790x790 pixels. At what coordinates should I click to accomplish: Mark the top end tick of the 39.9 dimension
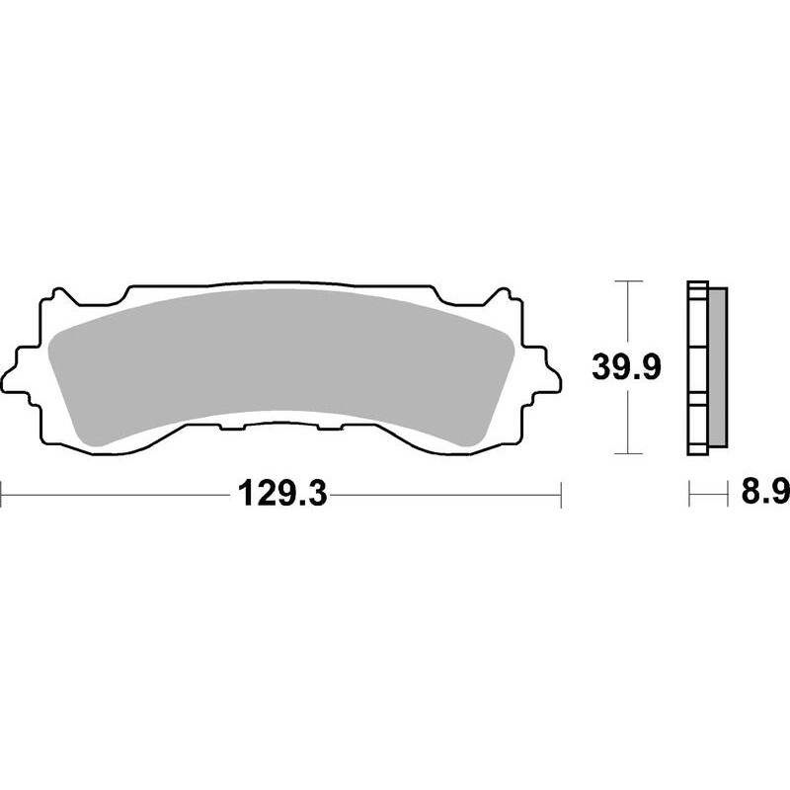click(x=622, y=281)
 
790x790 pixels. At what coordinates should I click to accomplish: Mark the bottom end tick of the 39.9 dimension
click(x=622, y=454)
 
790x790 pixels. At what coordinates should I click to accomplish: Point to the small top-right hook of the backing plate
click(x=503, y=293)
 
